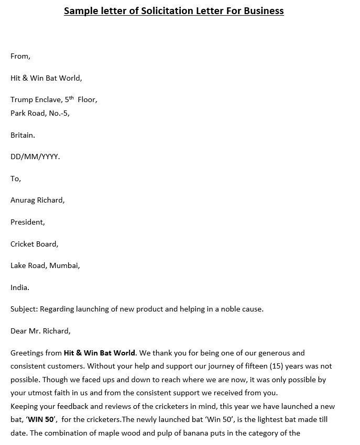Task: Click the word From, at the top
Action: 20,57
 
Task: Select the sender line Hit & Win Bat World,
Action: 46,78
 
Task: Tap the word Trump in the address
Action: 21,99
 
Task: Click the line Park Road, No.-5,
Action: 40,113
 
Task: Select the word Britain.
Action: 23,135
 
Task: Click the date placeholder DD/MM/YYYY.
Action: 35,157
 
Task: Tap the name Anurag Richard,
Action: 38,200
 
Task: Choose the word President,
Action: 28,222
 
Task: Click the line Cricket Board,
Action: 35,243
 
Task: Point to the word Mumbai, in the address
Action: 64,265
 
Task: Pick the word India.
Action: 20,287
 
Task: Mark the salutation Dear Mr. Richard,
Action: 40,331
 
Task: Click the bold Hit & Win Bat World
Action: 100,353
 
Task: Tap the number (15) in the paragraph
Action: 265,366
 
